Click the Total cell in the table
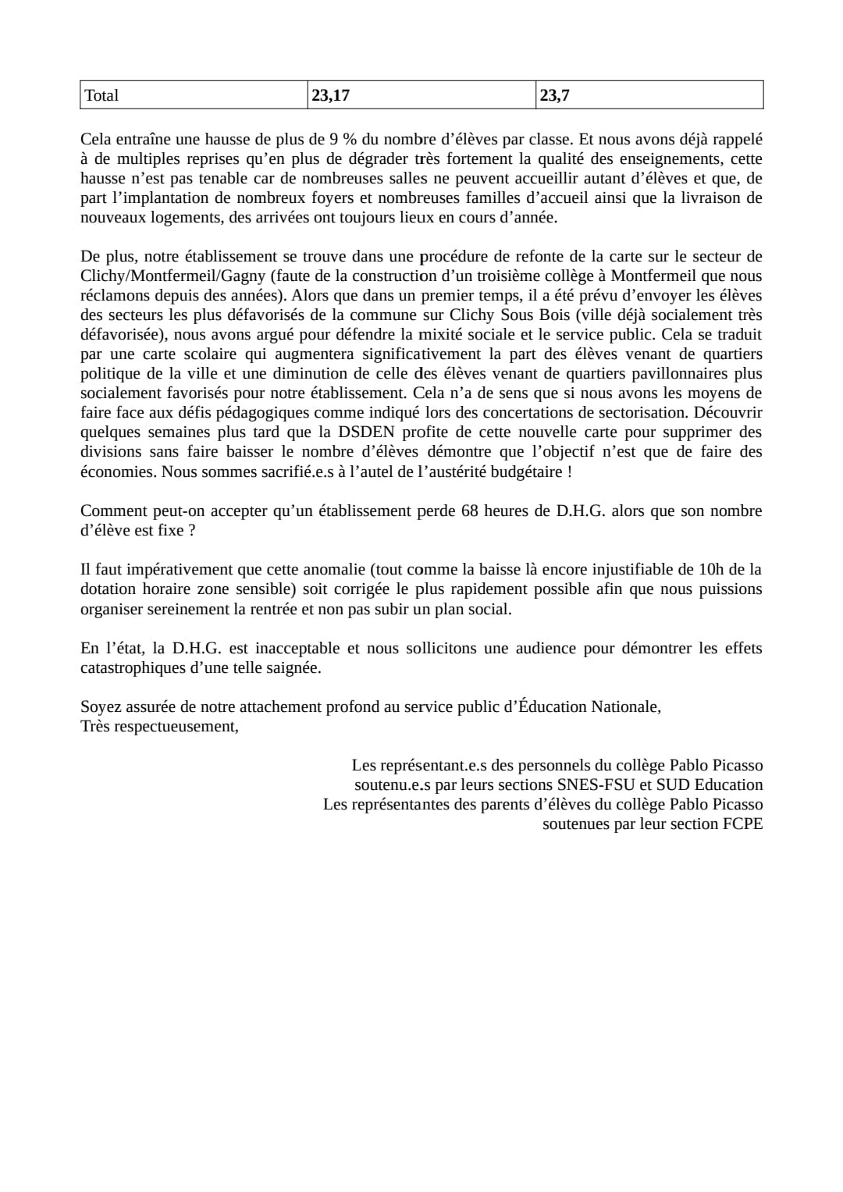[x=101, y=95]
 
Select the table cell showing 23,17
[x=330, y=95]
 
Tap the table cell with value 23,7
[x=554, y=95]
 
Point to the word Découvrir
[x=728, y=413]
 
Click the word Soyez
[x=99, y=707]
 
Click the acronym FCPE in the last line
[x=742, y=824]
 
